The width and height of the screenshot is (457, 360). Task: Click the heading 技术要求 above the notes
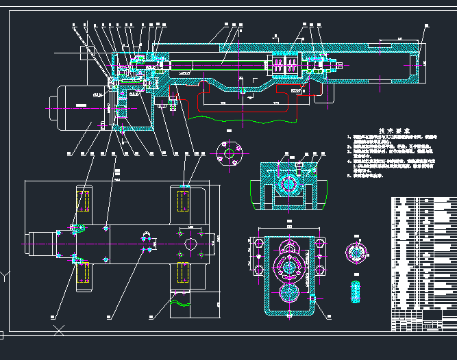coord(395,130)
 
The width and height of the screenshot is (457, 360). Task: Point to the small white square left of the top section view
coord(87,51)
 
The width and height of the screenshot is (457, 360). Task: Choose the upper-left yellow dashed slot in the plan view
coord(84,202)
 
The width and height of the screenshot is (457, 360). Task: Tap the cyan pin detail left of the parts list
coord(356,290)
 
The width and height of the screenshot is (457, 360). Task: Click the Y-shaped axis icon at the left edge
coord(5,277)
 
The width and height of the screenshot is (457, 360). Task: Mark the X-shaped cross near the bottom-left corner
coord(60,331)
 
